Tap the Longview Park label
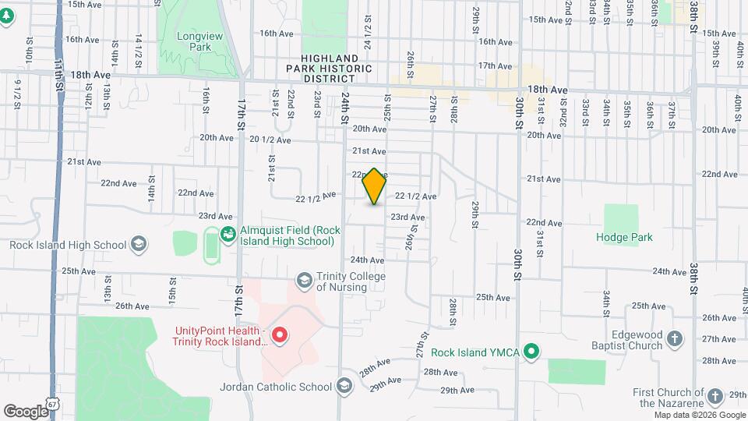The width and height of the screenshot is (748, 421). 194,41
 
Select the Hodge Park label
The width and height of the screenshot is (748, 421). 624,237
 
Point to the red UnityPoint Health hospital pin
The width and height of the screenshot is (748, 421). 279,335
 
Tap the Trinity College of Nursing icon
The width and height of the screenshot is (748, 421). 304,279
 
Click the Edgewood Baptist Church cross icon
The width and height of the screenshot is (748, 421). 675,338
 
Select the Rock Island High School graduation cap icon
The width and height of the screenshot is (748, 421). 138,245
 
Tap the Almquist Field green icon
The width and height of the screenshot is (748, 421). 228,232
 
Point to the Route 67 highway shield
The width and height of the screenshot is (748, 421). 52,405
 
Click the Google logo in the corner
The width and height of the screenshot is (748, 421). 26,411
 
